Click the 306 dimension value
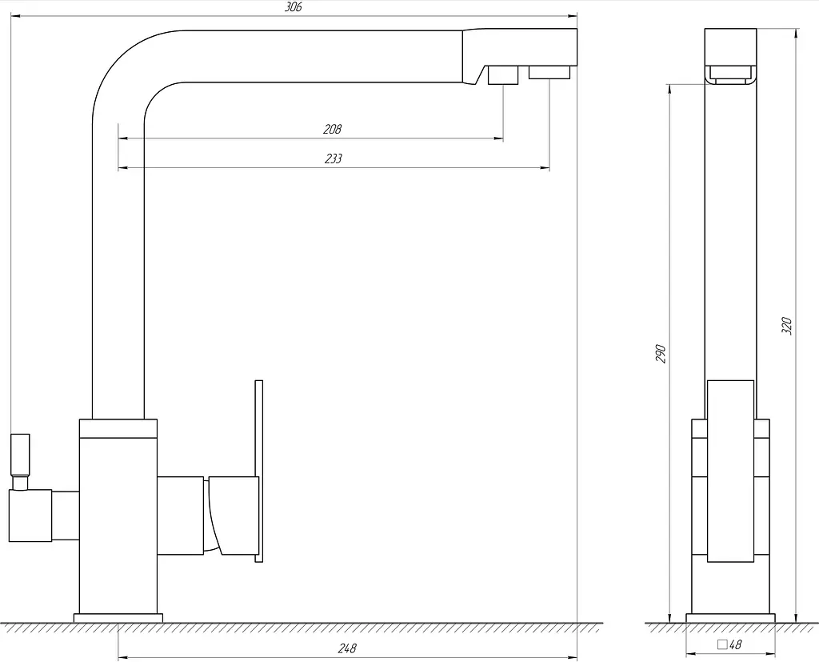[293, 7]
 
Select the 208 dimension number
[332, 129]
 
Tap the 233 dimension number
[334, 158]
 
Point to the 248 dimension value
[347, 648]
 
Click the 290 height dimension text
[661, 354]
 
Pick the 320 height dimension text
[787, 326]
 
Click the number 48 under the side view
[735, 644]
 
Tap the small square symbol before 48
[722, 644]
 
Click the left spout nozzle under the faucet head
[503, 74]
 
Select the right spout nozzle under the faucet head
[549, 72]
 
